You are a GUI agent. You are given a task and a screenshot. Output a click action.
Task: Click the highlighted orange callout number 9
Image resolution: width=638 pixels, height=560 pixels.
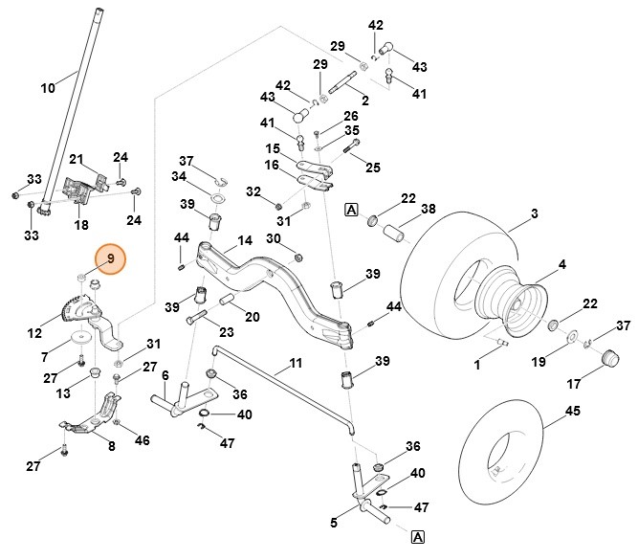[109, 258]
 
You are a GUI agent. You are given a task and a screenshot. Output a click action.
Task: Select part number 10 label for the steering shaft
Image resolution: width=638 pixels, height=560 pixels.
[48, 88]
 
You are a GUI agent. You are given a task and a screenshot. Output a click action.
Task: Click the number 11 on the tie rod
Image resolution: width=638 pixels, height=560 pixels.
[295, 364]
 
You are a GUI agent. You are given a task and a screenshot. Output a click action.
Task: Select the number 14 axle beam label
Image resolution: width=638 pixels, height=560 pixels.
[245, 240]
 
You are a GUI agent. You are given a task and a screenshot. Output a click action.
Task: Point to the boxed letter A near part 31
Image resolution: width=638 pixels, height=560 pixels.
[350, 210]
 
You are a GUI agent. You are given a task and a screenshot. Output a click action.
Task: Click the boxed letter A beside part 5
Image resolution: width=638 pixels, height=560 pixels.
[418, 537]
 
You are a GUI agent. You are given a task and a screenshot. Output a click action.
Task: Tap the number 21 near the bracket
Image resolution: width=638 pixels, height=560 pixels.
[77, 159]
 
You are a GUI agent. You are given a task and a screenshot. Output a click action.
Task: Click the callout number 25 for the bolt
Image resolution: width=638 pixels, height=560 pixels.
[372, 168]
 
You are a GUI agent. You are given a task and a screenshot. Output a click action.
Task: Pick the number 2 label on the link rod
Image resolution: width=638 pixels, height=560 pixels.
[363, 101]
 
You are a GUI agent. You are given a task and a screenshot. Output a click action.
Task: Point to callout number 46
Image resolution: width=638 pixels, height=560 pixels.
[143, 440]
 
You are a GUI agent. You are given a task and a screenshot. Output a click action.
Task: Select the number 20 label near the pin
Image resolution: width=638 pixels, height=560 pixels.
[252, 317]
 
